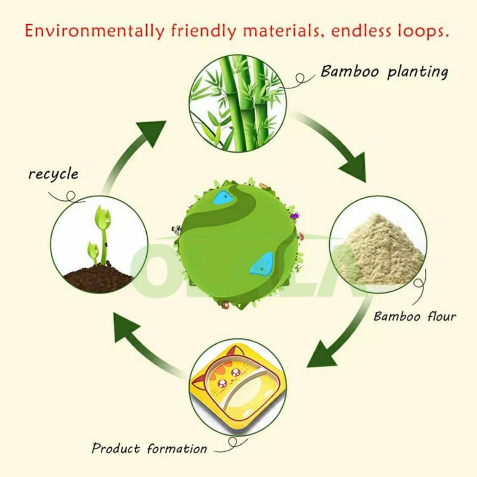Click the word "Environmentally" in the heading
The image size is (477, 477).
click(x=94, y=31)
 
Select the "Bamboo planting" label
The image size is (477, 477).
click(x=384, y=72)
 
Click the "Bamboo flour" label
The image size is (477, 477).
click(x=415, y=317)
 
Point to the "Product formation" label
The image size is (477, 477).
click(x=149, y=449)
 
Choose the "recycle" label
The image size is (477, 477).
click(x=53, y=174)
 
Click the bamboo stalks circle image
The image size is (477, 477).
click(x=238, y=103)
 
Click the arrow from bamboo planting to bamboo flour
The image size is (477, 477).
click(x=338, y=147)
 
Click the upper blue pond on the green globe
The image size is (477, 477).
click(x=224, y=198)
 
